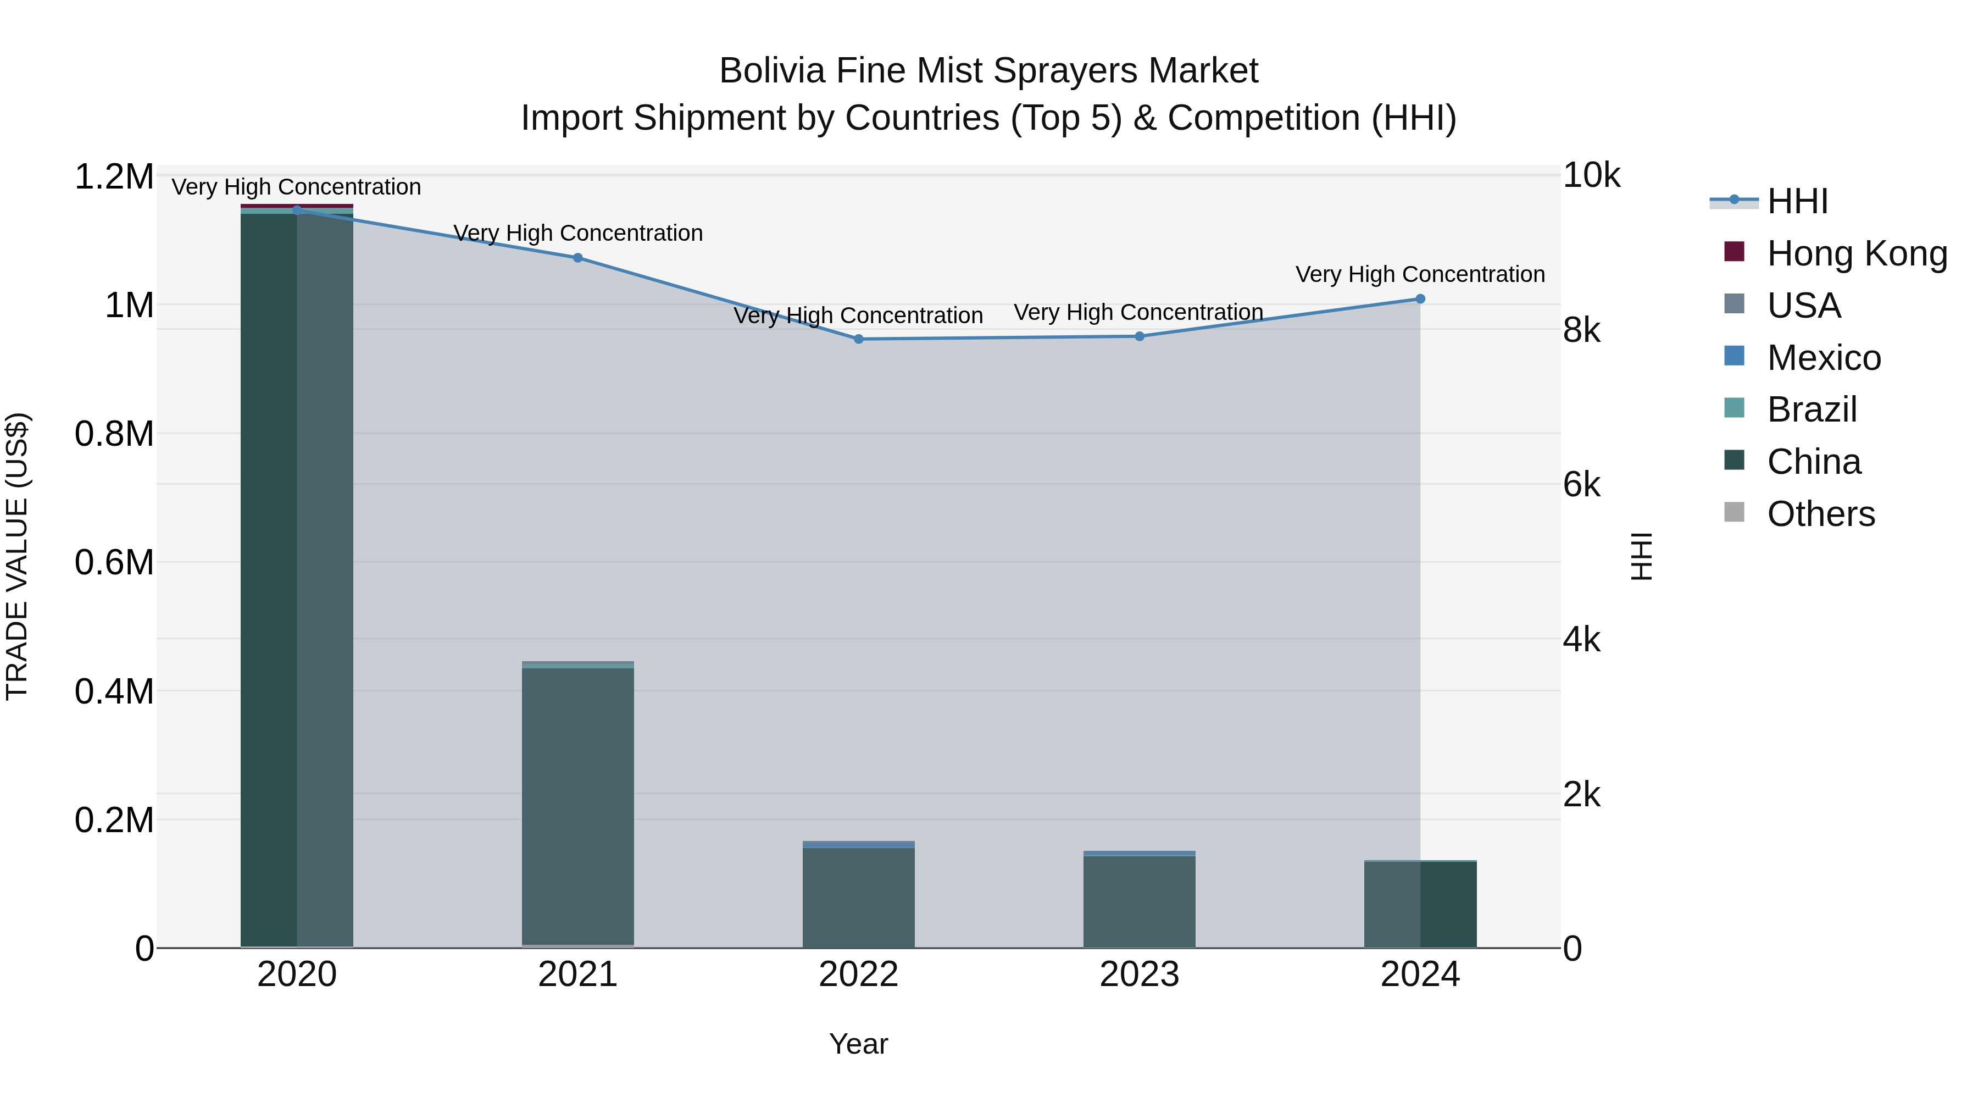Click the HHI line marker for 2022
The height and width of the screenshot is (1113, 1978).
coord(858,339)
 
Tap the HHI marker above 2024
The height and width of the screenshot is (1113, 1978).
coord(1420,299)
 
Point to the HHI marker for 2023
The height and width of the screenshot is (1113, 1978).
coord(1140,336)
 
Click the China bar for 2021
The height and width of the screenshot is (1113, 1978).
coord(577,806)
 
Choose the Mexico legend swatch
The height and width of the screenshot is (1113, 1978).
coord(1735,356)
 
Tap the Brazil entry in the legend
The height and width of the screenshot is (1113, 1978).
coord(1812,409)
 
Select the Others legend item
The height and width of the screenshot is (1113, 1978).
coord(1820,514)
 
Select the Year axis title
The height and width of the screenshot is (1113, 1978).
coord(858,1044)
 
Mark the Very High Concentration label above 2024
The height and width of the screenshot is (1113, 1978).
coord(1420,274)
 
